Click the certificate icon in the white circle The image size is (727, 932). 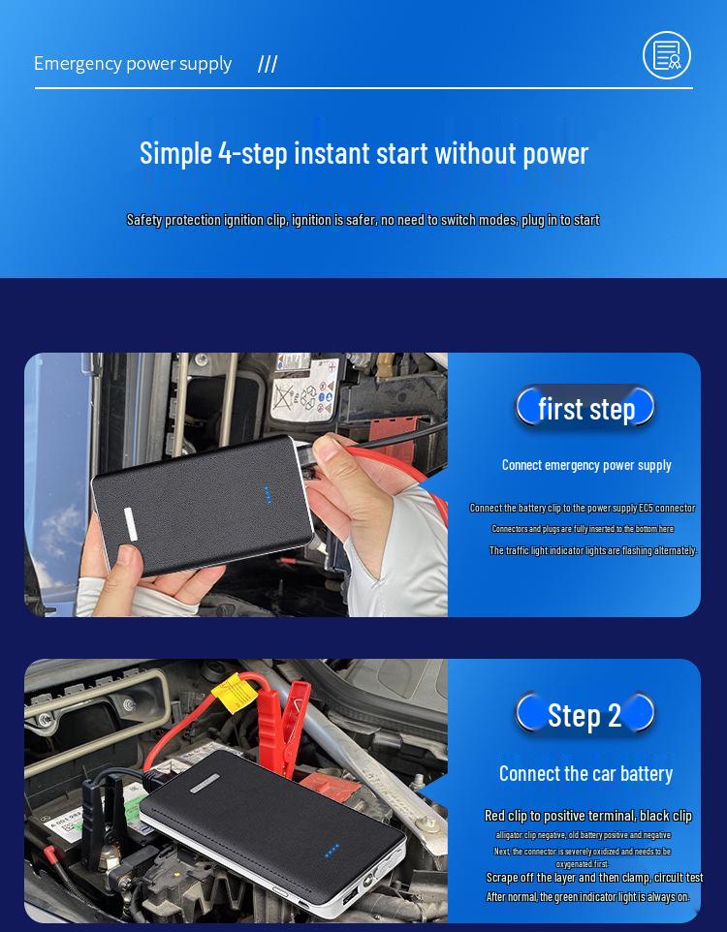coord(667,55)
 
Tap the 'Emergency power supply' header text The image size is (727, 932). coord(133,64)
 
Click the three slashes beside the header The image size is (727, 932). coord(268,65)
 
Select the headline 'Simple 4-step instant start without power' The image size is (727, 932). coord(363,153)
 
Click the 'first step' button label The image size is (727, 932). coord(585,408)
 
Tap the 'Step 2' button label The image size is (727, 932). coord(585,715)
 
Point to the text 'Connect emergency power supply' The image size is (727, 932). coord(586,465)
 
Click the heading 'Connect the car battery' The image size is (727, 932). coord(585,773)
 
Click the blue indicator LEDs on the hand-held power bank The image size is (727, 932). coord(268,495)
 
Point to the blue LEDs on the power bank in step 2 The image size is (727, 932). coord(332,850)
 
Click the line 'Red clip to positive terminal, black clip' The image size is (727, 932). coord(588,816)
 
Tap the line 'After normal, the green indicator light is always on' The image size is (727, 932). coord(587,897)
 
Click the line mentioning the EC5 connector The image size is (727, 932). coord(583,508)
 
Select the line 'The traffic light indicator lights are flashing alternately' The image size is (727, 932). coord(592,550)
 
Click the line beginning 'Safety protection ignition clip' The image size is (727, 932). coord(363,220)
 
